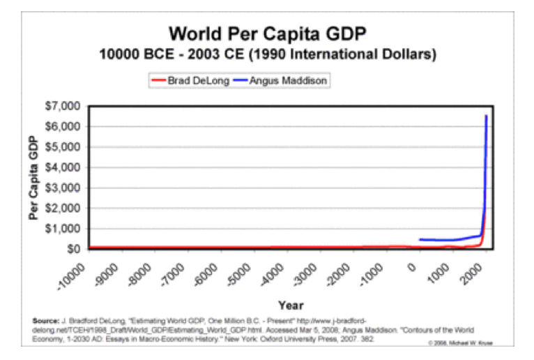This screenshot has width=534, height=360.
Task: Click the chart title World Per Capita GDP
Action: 268,33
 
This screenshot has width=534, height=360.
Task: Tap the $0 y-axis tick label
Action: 73,249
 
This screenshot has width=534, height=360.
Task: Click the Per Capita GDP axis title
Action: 33,178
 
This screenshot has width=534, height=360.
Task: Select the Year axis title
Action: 290,305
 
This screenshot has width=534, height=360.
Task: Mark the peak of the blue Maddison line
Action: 486,116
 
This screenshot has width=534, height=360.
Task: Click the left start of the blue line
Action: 420,239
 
